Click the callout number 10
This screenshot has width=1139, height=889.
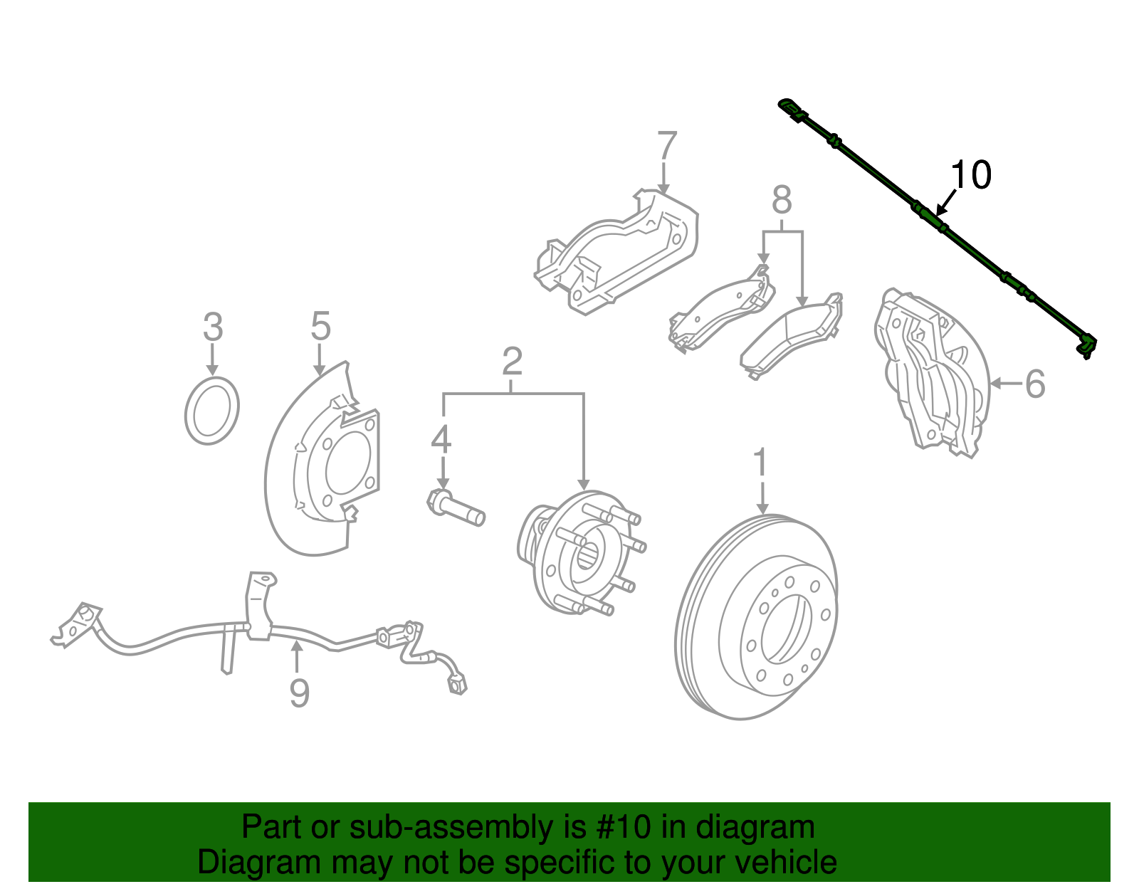tap(970, 175)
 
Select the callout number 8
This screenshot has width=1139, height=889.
tap(782, 201)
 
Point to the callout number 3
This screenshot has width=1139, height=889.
tap(212, 327)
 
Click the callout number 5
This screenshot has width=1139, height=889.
tap(320, 327)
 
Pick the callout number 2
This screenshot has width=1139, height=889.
tap(512, 362)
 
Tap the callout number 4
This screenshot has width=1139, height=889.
tap(441, 439)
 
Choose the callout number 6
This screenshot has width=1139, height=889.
tap(1035, 384)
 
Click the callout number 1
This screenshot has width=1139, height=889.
tap(761, 463)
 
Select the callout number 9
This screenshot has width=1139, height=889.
tap(299, 693)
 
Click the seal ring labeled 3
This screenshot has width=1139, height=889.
tap(211, 411)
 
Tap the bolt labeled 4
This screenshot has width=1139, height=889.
tap(456, 507)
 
